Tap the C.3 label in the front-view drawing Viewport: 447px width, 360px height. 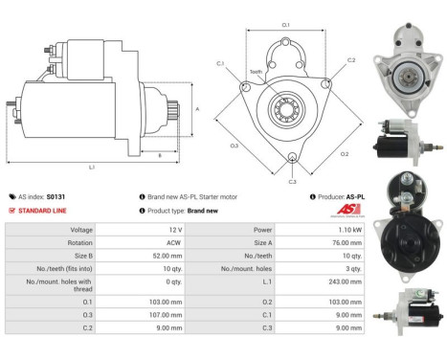[292, 179]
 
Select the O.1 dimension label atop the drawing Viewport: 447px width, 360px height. [286, 26]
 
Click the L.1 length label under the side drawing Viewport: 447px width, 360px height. [92, 168]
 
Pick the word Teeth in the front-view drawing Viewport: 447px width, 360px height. [256, 72]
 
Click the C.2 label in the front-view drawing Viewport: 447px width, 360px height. [350, 60]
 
